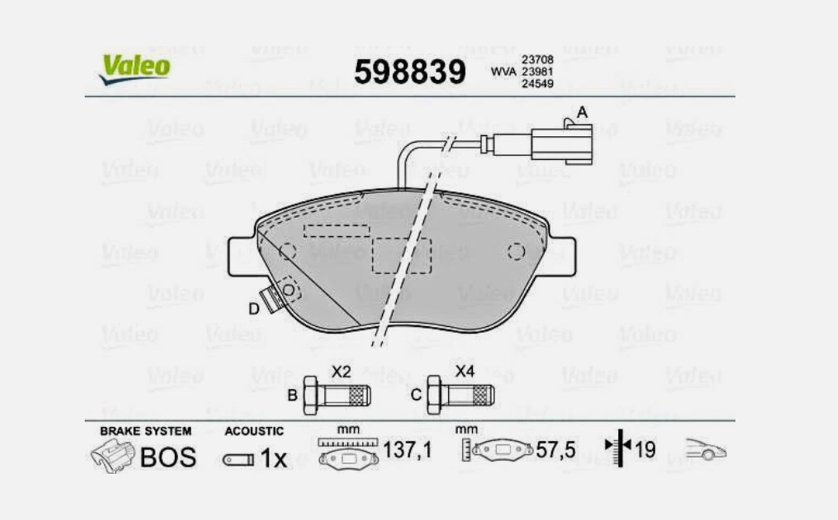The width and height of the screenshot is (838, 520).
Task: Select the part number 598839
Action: tap(409, 73)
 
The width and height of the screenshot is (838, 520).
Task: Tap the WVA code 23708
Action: tap(538, 60)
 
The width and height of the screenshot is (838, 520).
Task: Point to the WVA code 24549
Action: tap(538, 84)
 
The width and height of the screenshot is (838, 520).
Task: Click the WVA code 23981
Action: tap(538, 72)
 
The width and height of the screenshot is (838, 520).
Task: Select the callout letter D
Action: tap(253, 309)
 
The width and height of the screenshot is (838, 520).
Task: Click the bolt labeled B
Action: tap(337, 395)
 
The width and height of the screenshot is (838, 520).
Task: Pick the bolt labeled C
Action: tap(460, 395)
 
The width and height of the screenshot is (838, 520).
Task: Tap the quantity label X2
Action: tap(341, 371)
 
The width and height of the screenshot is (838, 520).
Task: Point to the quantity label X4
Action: tap(465, 371)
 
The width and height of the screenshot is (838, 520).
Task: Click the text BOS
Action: tap(168, 457)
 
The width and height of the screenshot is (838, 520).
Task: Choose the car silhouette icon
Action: tap(706, 450)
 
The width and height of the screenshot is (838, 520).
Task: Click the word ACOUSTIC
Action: tap(254, 431)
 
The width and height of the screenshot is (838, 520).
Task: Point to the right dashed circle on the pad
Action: tap(516, 251)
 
